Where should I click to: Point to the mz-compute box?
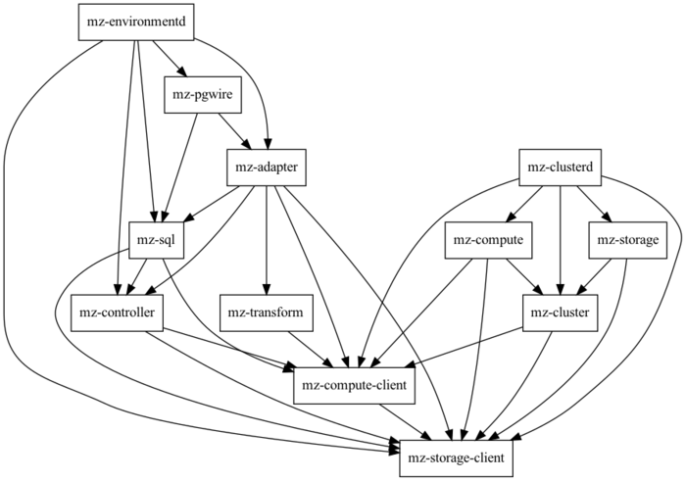pyautogui.click(x=487, y=240)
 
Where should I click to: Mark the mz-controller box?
pyautogui.click(x=118, y=313)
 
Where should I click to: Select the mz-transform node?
pyautogui.click(x=267, y=313)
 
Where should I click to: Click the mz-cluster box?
pyautogui.click(x=560, y=313)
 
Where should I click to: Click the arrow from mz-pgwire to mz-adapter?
pyautogui.click(x=232, y=131)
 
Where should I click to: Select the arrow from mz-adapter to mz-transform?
pyautogui.click(x=267, y=240)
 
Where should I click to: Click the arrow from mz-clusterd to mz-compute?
pyautogui.click(x=525, y=203)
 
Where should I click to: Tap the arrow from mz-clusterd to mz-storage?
pyautogui.click(x=592, y=203)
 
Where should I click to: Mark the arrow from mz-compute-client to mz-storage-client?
pyautogui.click(x=405, y=419)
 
